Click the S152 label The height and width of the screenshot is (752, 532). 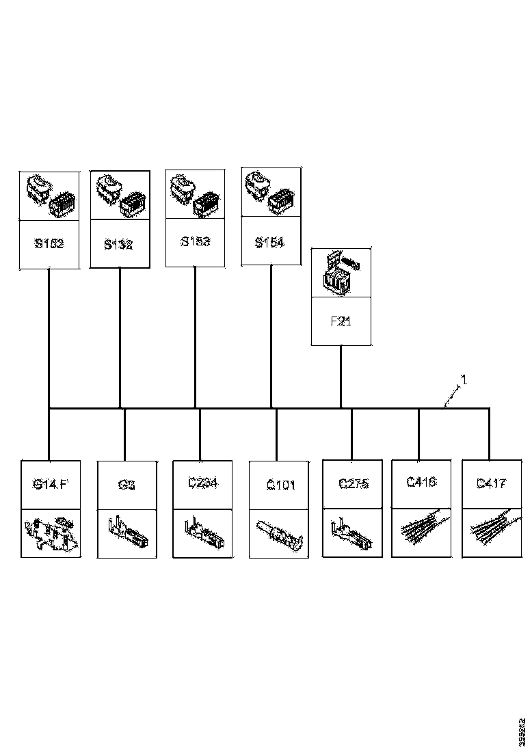pyautogui.click(x=49, y=243)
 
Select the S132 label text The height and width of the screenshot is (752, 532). pyautogui.click(x=119, y=244)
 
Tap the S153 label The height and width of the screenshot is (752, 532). pyautogui.click(x=195, y=241)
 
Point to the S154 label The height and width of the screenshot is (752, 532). pyautogui.click(x=269, y=243)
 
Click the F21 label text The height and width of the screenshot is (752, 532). pyautogui.click(x=341, y=321)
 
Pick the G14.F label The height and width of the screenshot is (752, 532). pyautogui.click(x=51, y=485)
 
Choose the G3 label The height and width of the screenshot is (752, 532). pyautogui.click(x=127, y=485)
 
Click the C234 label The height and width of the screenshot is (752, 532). pyautogui.click(x=202, y=483)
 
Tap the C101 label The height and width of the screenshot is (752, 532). pyautogui.click(x=280, y=485)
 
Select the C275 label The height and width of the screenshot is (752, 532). pyautogui.click(x=354, y=484)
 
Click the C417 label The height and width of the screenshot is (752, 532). pyautogui.click(x=491, y=484)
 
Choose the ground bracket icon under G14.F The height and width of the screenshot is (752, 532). pyautogui.click(x=51, y=533)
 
